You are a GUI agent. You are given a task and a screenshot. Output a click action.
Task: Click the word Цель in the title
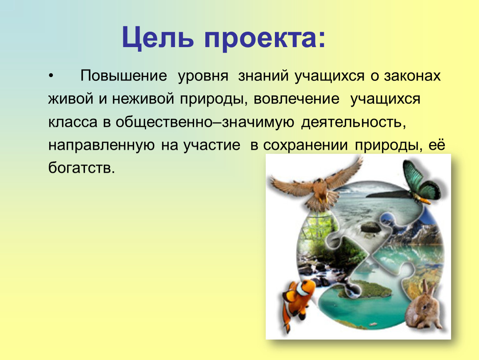157,38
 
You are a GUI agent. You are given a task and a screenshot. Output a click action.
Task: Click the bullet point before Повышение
51,76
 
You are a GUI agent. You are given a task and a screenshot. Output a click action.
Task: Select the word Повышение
124,75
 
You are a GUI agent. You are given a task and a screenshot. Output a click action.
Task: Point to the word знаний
263,76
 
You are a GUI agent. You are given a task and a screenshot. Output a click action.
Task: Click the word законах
412,76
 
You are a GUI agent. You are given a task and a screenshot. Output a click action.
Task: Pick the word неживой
143,98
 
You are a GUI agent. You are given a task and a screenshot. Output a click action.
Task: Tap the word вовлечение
296,99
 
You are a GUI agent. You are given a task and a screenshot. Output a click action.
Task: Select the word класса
73,122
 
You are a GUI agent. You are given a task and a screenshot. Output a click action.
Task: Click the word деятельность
354,122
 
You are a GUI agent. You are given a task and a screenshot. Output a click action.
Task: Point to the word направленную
101,145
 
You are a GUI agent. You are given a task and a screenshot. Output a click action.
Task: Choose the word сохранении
305,145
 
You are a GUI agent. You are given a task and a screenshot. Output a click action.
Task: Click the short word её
437,145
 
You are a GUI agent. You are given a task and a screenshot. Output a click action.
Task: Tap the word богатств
82,168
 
